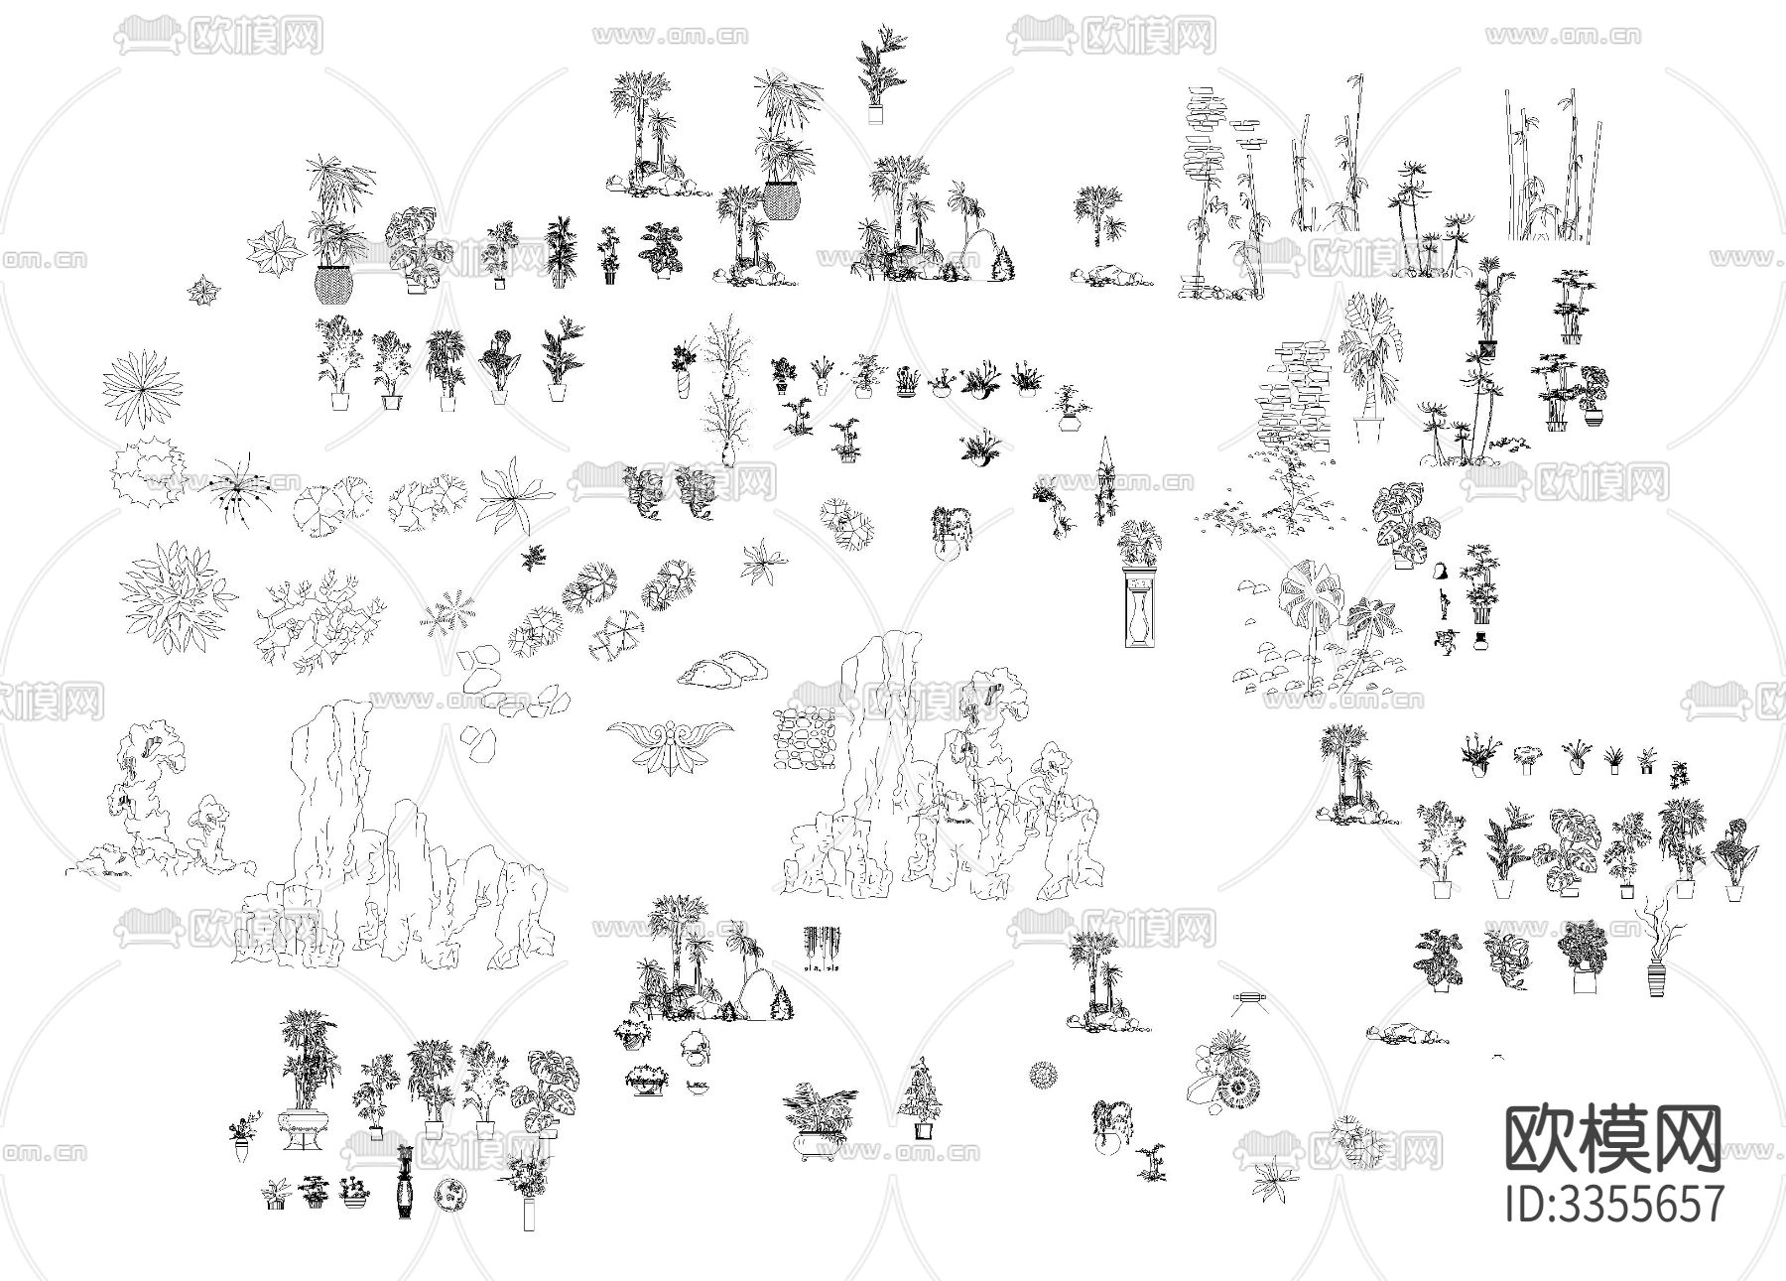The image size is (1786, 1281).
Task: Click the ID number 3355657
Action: (1614, 1204)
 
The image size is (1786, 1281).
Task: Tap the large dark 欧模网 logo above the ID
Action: (1613, 1138)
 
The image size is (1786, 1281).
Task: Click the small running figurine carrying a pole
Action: (1447, 640)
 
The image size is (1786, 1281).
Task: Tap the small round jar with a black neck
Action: (1480, 643)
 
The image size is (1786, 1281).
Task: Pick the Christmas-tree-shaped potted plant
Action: (921, 1100)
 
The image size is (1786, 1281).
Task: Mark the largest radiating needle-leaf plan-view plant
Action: (143, 385)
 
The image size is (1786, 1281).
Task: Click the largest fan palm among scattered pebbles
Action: (1310, 615)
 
